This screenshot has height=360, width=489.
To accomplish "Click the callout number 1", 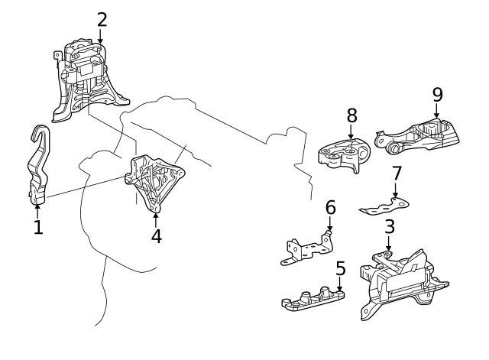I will [x=38, y=227].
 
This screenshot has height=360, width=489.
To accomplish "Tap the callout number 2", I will [x=102, y=19].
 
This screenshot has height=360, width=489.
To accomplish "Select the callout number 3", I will [x=389, y=227].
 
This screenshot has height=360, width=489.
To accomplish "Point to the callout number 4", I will [x=156, y=236].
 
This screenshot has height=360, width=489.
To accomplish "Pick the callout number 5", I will [x=340, y=268].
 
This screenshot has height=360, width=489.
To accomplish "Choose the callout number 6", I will [x=330, y=207].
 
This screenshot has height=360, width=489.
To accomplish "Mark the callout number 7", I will [x=396, y=174].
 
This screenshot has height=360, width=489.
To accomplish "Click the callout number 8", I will [x=351, y=115].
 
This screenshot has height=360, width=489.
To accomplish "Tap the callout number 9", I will [x=437, y=94].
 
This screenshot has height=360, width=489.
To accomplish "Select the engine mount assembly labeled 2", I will [x=88, y=80].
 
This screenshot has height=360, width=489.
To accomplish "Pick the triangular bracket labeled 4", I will [x=157, y=180].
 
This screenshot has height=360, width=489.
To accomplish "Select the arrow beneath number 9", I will [x=437, y=112].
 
